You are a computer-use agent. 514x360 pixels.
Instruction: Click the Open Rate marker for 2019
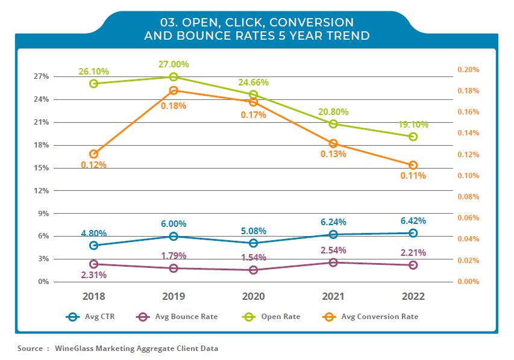pos(174,77)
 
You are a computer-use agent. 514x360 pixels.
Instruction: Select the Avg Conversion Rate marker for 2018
pos(93,154)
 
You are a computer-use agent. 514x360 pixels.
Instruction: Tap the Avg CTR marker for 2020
pos(254,243)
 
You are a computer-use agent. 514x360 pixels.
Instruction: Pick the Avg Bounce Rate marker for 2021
pos(333,262)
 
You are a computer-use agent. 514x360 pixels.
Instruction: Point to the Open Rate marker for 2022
pos(413,137)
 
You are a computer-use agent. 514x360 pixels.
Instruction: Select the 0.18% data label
pos(174,105)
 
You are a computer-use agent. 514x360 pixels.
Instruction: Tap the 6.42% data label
pos(413,221)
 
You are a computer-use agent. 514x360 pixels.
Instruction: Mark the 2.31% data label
pos(93,275)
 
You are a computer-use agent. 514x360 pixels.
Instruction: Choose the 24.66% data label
pos(254,82)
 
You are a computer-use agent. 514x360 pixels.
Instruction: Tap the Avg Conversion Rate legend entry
pos(369,317)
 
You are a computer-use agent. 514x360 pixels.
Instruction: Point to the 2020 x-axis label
pos(254,297)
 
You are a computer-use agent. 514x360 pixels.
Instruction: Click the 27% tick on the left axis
pos(41,77)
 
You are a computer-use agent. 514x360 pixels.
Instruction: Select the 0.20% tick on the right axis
pos(468,70)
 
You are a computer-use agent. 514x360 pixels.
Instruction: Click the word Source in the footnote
pos(30,349)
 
